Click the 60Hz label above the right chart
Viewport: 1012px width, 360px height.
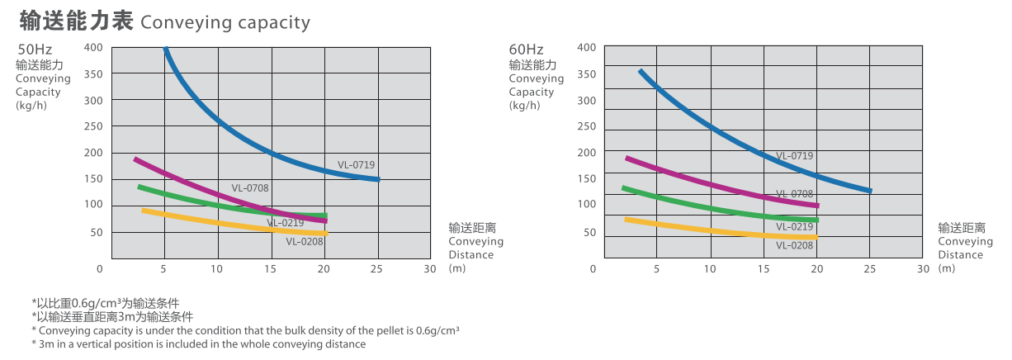click(526, 50)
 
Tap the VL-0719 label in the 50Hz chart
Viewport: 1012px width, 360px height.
click(356, 165)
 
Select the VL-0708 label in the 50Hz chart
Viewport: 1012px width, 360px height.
click(250, 188)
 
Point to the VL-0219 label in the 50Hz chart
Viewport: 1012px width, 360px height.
click(285, 223)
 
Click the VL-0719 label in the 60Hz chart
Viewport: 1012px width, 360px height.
click(794, 156)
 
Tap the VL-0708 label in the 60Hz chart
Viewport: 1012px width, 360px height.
click(794, 194)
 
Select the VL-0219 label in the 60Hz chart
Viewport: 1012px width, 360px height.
click(794, 227)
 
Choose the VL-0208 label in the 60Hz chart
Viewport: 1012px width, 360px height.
click(794, 245)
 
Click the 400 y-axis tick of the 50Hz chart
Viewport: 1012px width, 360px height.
click(93, 47)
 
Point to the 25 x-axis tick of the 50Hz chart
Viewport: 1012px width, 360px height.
click(377, 268)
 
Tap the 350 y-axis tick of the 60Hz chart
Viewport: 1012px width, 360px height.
click(586, 74)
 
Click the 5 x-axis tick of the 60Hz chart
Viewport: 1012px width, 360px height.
click(656, 268)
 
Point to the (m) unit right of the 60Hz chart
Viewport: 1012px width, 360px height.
click(946, 268)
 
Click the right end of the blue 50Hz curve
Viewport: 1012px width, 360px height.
click(378, 179)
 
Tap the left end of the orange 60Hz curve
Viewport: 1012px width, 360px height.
click(627, 219)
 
